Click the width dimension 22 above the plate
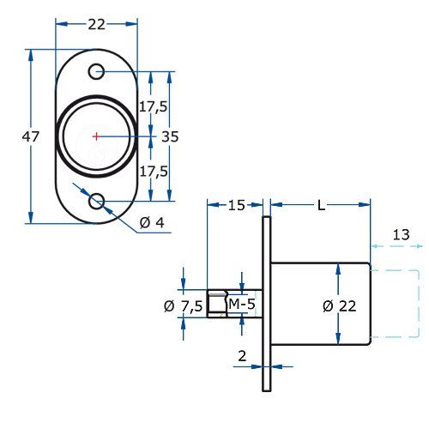(96, 26)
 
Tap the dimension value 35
(170, 136)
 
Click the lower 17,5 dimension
(153, 172)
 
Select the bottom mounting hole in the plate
(97, 201)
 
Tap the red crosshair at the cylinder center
(96, 136)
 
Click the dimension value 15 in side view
(236, 205)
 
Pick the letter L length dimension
(320, 205)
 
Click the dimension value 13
(400, 235)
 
